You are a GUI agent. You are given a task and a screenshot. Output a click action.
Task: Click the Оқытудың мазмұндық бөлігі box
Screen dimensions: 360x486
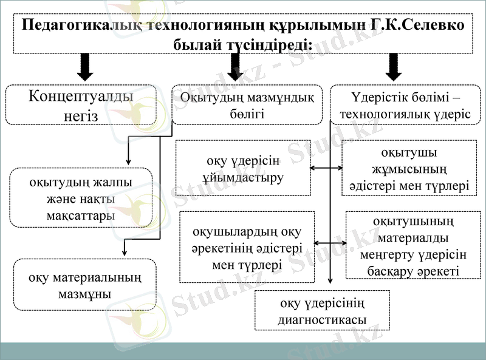coord(247,104)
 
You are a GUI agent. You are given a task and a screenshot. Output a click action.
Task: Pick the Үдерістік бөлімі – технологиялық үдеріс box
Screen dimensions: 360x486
coord(405,104)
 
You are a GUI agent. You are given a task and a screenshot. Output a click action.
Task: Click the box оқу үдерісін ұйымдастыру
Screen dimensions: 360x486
coord(242,168)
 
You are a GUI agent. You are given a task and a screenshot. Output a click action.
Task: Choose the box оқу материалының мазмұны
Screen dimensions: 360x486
coord(85,285)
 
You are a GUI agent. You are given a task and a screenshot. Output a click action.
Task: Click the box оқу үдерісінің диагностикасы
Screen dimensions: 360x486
coord(322,310)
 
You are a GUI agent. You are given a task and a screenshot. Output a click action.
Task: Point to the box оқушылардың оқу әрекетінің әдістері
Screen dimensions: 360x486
coord(247,247)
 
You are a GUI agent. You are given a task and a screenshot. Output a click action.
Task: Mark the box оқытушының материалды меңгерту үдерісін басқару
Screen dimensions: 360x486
coord(412,245)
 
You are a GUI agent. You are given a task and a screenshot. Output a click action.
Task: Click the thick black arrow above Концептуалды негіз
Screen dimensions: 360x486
coord(86,67)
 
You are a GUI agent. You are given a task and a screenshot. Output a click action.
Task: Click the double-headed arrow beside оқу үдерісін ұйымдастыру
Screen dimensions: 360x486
coord(326,168)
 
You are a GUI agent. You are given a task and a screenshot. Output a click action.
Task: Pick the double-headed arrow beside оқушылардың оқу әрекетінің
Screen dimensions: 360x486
coord(330,243)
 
